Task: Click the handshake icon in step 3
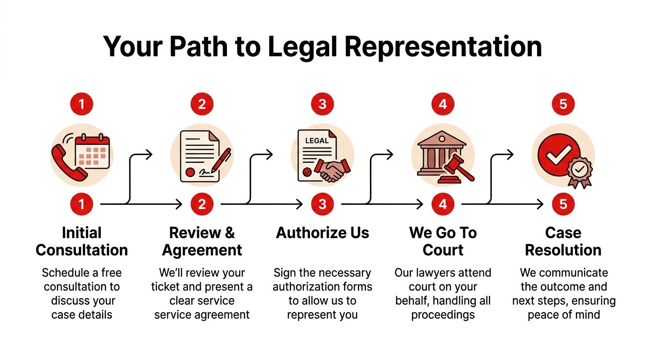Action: point(332,169)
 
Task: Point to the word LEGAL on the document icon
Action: point(317,140)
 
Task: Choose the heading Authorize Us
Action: point(322,233)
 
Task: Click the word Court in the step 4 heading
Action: point(443,250)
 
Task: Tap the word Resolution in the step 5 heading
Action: point(563,250)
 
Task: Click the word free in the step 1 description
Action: point(112,273)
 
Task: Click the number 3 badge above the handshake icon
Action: point(322,104)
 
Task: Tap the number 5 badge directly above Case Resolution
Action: point(563,204)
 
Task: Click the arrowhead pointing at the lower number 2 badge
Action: point(179,204)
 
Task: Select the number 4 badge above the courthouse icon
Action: point(443,104)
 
